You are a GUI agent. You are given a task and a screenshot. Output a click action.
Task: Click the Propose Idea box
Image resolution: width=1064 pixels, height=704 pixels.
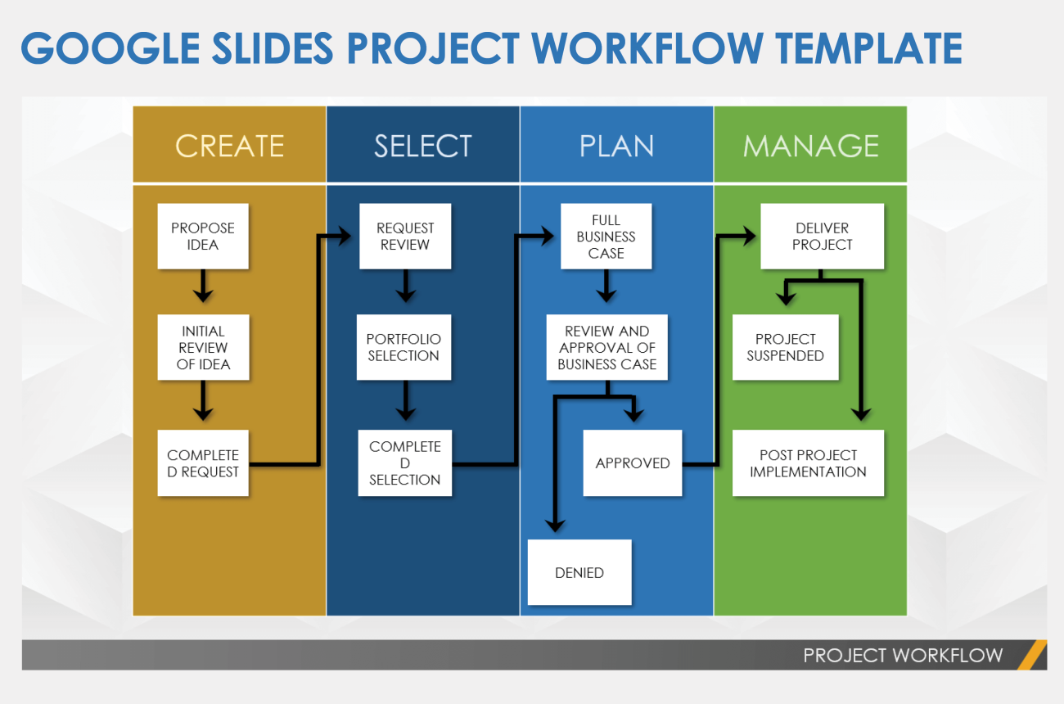(202, 236)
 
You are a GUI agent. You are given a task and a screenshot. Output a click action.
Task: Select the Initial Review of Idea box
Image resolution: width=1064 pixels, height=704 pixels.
(202, 347)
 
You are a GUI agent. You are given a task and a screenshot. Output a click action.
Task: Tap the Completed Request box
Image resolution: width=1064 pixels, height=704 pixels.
(202, 463)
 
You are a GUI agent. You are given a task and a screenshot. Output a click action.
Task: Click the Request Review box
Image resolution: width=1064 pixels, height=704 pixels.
(405, 236)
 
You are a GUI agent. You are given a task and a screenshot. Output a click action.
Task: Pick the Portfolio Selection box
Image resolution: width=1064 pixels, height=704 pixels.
(404, 347)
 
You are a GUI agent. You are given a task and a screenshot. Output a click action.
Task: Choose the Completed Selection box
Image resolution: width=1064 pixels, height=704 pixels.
(404, 463)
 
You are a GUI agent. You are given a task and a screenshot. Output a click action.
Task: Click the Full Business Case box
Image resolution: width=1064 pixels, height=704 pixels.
(606, 236)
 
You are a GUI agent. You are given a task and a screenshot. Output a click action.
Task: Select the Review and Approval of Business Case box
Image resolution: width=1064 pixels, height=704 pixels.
(606, 347)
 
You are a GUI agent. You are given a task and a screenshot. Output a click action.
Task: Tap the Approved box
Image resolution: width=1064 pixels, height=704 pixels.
(632, 463)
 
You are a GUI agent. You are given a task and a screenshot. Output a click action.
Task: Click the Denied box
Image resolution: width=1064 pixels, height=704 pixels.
(579, 572)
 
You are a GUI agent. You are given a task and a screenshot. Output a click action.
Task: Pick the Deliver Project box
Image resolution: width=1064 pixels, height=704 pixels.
(822, 236)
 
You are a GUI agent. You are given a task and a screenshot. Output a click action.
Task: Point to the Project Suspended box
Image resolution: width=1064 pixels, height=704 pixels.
(785, 347)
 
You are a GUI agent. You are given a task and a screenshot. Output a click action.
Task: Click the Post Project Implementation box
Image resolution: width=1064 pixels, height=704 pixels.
(808, 463)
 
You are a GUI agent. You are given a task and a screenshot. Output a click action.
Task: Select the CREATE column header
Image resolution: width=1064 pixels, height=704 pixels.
(229, 145)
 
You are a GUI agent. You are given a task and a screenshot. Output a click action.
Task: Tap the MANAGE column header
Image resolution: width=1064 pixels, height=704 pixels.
(810, 145)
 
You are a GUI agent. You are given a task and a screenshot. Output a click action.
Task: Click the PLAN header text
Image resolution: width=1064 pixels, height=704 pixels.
(616, 146)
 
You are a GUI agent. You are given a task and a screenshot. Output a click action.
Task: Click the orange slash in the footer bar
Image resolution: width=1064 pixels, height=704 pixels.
(1033, 655)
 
